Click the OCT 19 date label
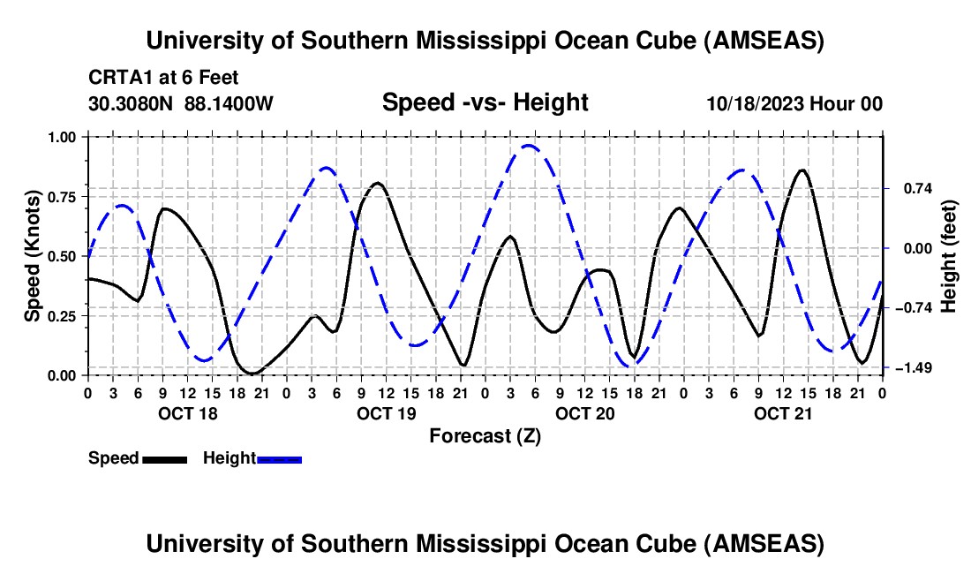(x=387, y=413)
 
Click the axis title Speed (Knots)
(x=33, y=255)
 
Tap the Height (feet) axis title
(x=949, y=255)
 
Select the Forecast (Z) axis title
(x=485, y=435)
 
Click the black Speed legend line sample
(x=165, y=458)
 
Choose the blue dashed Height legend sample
(x=280, y=458)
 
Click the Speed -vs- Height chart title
(x=485, y=102)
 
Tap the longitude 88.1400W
(x=229, y=103)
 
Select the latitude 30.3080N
(x=132, y=103)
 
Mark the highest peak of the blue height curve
(x=529, y=146)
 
